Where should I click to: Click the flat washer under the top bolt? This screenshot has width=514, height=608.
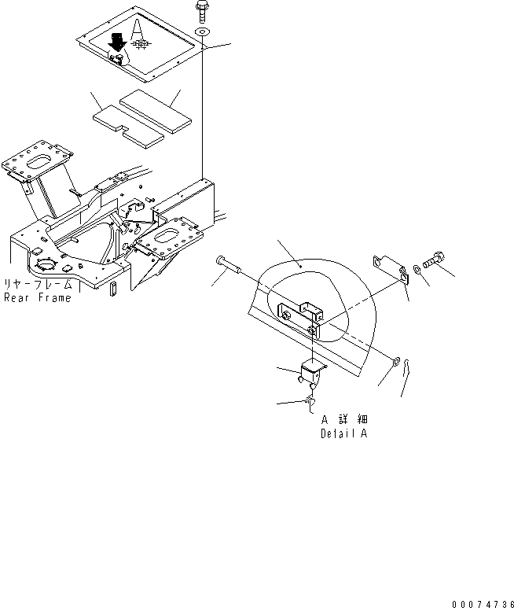pos(203,31)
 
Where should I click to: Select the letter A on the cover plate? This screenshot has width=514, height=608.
pos(138,29)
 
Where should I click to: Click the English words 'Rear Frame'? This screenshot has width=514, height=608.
pos(38,298)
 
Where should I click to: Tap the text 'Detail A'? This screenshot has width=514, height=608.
pos(344,433)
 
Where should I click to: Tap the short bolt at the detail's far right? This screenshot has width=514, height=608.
pos(435,261)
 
